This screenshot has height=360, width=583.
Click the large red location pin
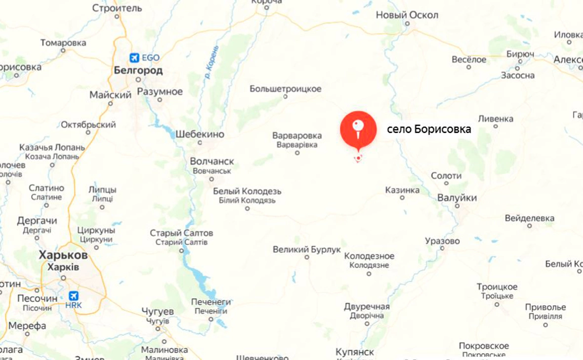pyautogui.click(x=358, y=129)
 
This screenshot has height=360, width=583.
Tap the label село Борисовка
pyautogui.click(x=429, y=129)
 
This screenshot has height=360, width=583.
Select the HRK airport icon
pyautogui.click(x=73, y=296)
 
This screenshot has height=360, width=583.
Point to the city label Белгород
pyautogui.click(x=138, y=71)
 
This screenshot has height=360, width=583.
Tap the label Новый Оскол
pyautogui.click(x=407, y=15)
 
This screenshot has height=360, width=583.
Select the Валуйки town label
pyautogui.click(x=457, y=198)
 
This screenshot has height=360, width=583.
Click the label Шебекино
pyautogui.click(x=200, y=134)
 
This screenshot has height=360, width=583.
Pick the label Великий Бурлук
pyautogui.click(x=307, y=250)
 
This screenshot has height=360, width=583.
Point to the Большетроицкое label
pyautogui.click(x=285, y=89)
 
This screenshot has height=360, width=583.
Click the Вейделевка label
pyautogui.click(x=529, y=218)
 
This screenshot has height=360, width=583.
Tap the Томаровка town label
pyautogui.click(x=63, y=43)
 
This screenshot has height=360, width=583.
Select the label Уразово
pyautogui.click(x=442, y=241)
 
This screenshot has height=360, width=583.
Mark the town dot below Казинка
pyautogui.click(x=402, y=198)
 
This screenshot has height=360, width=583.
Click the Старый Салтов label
pyautogui.click(x=182, y=233)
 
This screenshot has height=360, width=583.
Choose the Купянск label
pyautogui.click(x=354, y=352)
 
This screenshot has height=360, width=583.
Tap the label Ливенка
pyautogui.click(x=496, y=119)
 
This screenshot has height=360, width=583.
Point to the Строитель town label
pyautogui.click(x=117, y=8)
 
